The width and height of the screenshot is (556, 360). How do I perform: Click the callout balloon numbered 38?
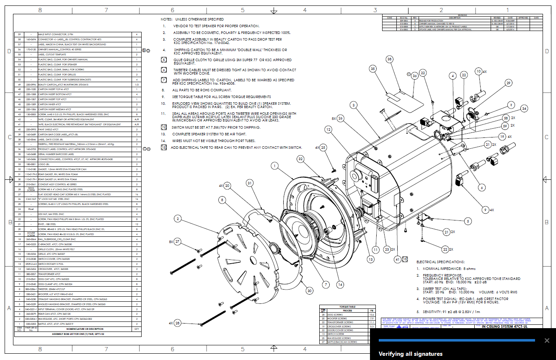[x=390, y=60]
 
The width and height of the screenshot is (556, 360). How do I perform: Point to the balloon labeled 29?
[x=508, y=83]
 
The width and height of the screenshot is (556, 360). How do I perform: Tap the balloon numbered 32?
[x=300, y=159]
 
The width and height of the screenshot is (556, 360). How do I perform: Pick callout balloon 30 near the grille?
[x=309, y=290]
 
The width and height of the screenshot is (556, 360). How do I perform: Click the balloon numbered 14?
[x=340, y=285]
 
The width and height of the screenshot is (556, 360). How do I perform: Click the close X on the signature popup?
[x=547, y=340]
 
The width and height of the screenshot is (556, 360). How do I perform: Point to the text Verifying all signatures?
[x=410, y=354]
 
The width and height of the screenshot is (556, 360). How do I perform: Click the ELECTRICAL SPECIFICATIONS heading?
[x=440, y=262]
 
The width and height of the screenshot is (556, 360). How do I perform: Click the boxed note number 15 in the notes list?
[x=164, y=148]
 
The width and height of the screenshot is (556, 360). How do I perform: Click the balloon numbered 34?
[x=524, y=109]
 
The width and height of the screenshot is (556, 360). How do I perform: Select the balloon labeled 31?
[x=250, y=183]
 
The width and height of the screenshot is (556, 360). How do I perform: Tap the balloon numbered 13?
[x=371, y=259]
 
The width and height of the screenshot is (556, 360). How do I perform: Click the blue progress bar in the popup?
[x=457, y=340]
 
